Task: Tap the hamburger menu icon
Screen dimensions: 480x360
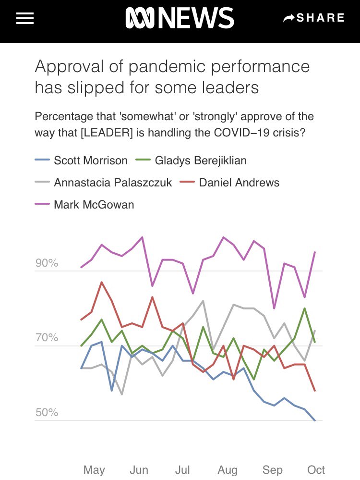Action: pos(25,18)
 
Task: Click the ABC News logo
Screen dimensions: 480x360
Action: pos(180,18)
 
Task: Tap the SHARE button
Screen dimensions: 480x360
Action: pos(314,18)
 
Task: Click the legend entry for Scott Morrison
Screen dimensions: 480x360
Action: pos(82,160)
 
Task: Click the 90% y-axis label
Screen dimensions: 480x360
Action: pos(47,263)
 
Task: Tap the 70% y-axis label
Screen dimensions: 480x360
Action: pos(47,338)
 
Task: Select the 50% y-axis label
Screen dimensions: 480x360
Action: pos(47,413)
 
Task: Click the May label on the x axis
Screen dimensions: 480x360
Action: pos(94,469)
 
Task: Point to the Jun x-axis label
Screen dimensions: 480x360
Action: pos(139,469)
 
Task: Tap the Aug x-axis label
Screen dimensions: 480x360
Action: pos(228,469)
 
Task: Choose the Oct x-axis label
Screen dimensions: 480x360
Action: pos(316,469)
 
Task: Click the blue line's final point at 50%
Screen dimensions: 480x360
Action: pos(315,420)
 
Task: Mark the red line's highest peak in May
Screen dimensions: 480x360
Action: pos(101,282)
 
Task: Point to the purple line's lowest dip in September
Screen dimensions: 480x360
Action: pos(274,308)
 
